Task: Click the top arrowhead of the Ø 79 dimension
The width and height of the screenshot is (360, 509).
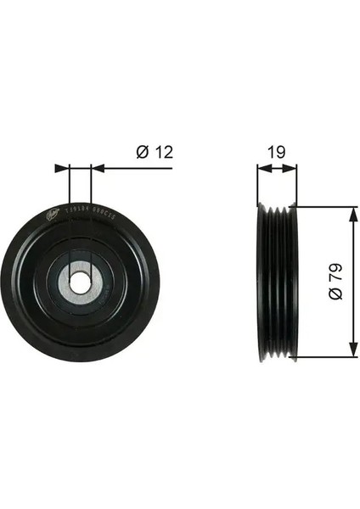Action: coord(348,212)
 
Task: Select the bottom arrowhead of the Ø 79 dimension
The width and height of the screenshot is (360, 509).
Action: coord(348,350)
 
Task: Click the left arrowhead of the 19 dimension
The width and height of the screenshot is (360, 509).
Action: coord(262,168)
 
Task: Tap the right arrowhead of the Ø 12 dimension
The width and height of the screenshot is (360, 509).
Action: coord(96,168)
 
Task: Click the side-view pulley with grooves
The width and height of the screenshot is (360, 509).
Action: coord(276,282)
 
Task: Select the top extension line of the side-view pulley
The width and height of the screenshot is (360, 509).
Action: coord(323,206)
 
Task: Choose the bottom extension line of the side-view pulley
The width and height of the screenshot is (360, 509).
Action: coord(323,356)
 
